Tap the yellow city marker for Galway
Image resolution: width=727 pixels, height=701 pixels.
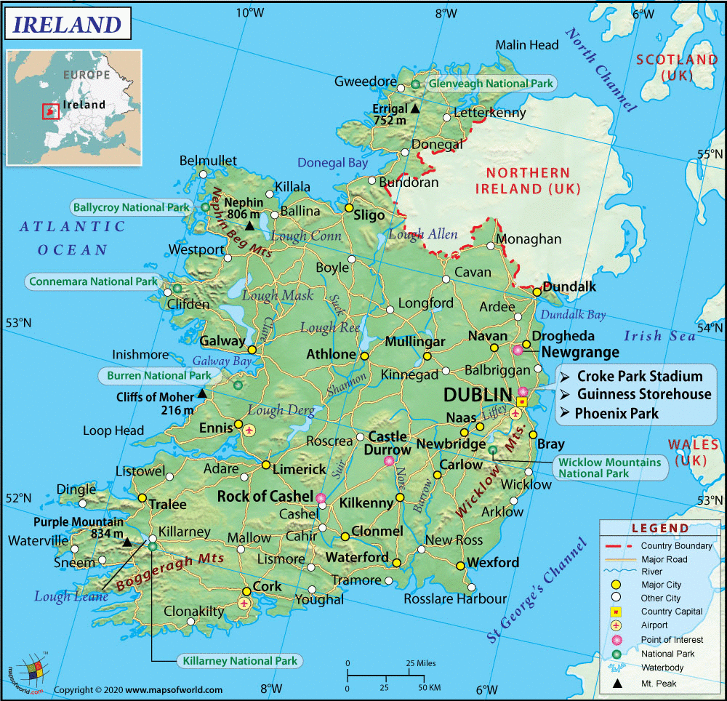tap(252, 350)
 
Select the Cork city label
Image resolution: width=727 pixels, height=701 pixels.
tap(267, 587)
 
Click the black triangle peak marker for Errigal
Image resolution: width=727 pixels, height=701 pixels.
tap(414, 108)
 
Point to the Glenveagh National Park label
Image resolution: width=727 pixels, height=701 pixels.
tap(491, 84)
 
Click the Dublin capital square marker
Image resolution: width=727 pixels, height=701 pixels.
tap(521, 401)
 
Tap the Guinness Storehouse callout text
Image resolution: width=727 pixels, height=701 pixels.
tap(644, 395)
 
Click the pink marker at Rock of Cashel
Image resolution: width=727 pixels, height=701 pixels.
tap(321, 498)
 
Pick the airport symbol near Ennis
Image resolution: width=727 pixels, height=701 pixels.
tap(250, 430)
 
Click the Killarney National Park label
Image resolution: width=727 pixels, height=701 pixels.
tap(238, 661)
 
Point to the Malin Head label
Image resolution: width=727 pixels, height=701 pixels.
tap(527, 45)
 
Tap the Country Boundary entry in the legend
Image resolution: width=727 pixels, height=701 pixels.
tap(676, 546)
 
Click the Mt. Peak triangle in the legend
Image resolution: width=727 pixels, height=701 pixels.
tap(617, 684)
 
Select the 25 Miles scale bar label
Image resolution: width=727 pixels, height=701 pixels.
tap(420, 663)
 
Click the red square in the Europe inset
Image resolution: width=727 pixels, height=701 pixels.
tap(50, 111)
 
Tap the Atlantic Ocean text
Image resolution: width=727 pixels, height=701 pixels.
tap(73, 238)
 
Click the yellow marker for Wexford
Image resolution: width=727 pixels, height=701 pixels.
tap(460, 565)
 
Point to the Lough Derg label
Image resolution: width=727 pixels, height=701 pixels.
tap(281, 410)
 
